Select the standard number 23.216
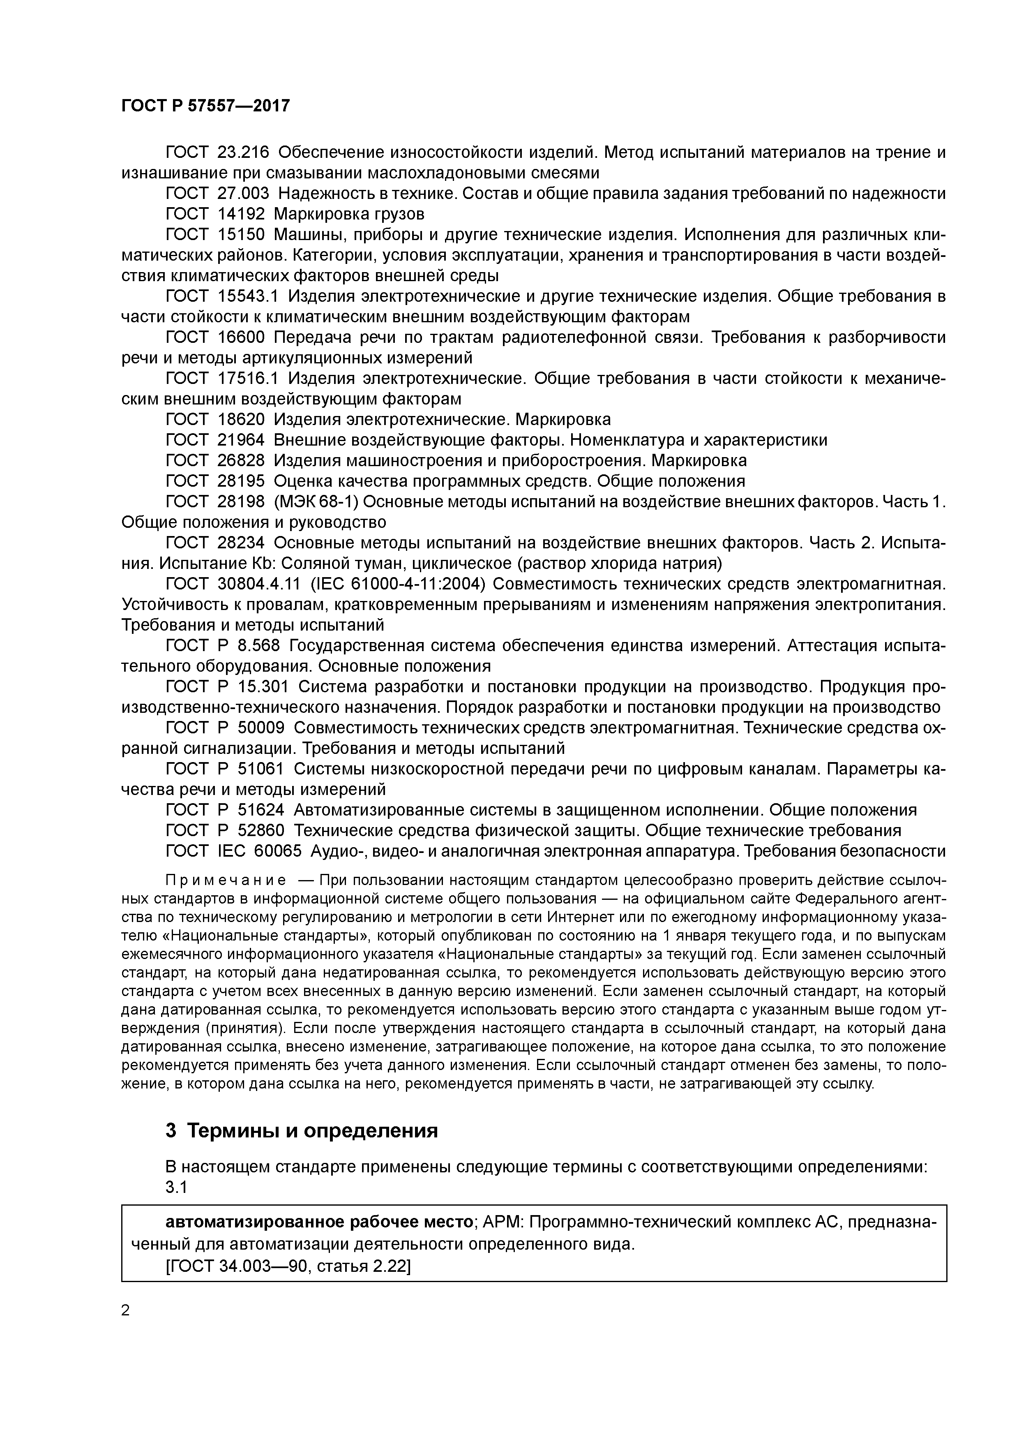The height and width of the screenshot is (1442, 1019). (x=243, y=153)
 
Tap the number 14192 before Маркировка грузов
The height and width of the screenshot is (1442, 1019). (x=241, y=214)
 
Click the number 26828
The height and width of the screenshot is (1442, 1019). (x=241, y=461)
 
